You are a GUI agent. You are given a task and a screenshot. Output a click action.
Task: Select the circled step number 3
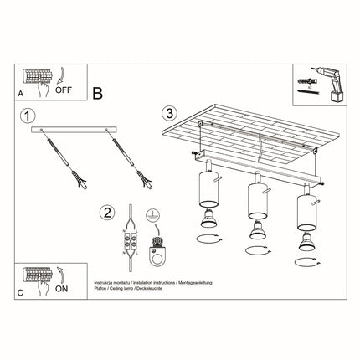pyautogui.click(x=171, y=112)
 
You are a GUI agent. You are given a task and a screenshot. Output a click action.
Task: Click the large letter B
pyautogui.click(x=98, y=95)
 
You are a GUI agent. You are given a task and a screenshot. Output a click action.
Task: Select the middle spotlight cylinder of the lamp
pyautogui.click(x=254, y=199)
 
